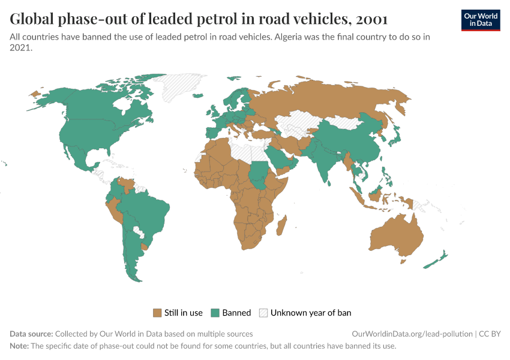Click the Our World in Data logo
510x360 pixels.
[x=480, y=20]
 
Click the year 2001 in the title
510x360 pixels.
[x=371, y=19]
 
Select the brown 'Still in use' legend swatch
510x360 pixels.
[x=158, y=313]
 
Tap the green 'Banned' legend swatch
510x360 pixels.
[x=216, y=313]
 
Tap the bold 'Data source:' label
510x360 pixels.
[x=31, y=334]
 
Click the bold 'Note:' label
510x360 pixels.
[x=19, y=346]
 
